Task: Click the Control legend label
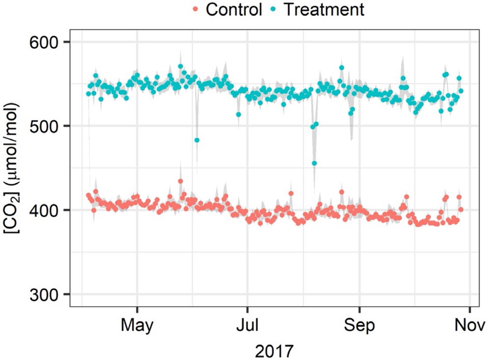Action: point(234,9)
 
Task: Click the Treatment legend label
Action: point(324,9)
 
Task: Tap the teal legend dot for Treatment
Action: point(275,10)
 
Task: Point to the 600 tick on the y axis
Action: point(46,42)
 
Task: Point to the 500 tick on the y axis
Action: point(46,126)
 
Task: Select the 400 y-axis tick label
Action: point(46,210)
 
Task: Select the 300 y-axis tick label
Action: point(46,294)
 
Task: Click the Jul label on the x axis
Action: point(248,326)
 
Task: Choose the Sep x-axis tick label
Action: point(359,326)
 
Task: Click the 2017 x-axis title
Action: point(274,351)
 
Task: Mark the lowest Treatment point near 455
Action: point(314,163)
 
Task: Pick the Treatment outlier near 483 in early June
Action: point(197,140)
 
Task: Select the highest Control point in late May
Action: point(180,181)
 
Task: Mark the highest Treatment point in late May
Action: point(180,66)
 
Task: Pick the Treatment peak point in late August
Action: point(341,68)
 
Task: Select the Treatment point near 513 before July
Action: point(238,114)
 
